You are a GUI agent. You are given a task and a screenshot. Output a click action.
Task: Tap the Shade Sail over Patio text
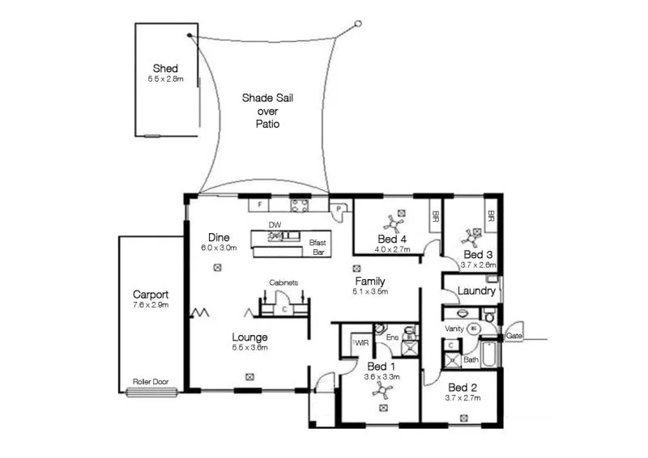click(268, 111)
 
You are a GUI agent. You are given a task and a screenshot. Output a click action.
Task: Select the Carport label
click(150, 295)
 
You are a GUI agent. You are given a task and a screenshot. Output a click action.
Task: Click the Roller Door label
click(152, 381)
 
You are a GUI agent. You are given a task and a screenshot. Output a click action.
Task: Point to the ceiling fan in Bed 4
click(397, 219)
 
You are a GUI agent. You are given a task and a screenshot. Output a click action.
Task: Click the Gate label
click(514, 336)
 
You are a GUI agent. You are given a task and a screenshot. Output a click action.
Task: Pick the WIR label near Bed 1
click(360, 343)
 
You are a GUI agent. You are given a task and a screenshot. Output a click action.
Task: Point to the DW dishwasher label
click(275, 226)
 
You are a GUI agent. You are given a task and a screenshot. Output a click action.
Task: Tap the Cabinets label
click(284, 282)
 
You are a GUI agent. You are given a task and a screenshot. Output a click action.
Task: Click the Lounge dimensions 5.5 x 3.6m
click(249, 348)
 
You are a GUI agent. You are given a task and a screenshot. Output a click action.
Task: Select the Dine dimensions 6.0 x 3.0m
click(220, 248)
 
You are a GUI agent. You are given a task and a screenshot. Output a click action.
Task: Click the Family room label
click(370, 281)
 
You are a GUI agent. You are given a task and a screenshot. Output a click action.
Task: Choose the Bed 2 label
click(463, 387)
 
